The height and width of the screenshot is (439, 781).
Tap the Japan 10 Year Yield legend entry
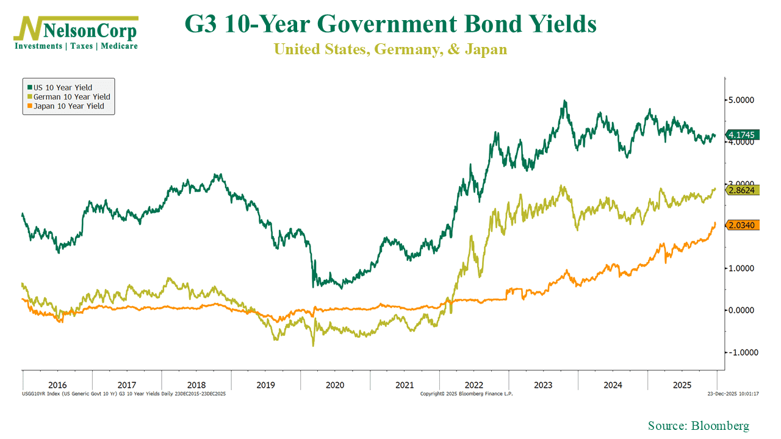pyautogui.click(x=68, y=105)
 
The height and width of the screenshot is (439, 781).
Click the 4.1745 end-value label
pyautogui.click(x=741, y=135)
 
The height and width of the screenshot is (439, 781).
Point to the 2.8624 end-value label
pyautogui.click(x=741, y=190)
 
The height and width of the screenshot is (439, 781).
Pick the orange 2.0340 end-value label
pyautogui.click(x=741, y=225)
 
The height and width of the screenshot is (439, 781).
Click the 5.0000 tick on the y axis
pyautogui.click(x=741, y=100)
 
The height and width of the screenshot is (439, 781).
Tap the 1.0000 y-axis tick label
pyautogui.click(x=741, y=268)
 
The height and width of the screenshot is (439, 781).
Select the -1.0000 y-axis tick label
pyautogui.click(x=740, y=352)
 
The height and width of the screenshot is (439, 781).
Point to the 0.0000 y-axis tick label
pyautogui.click(x=741, y=310)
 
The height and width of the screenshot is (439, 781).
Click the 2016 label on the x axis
pyautogui.click(x=57, y=385)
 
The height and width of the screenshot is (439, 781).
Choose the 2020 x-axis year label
pyautogui.click(x=335, y=385)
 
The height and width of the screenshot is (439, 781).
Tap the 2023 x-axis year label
pyautogui.click(x=543, y=385)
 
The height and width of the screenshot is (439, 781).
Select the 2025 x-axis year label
pyautogui.click(x=682, y=385)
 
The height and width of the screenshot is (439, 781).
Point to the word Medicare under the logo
pyautogui.click(x=120, y=46)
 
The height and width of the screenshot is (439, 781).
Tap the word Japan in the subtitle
pyautogui.click(x=485, y=49)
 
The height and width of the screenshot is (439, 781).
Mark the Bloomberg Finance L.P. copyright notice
pyautogui.click(x=467, y=394)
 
